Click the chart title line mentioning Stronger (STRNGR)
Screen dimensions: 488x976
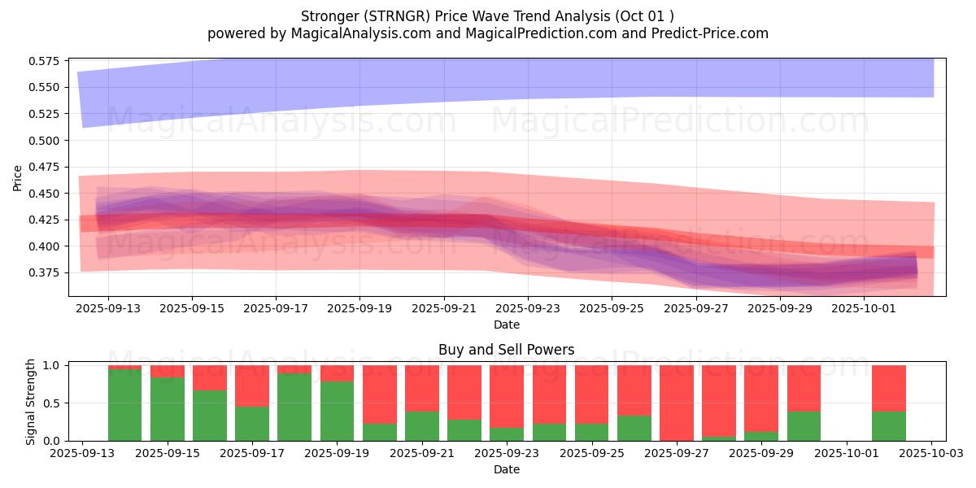pyautogui.click(x=487, y=16)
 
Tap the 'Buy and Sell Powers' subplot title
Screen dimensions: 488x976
pyautogui.click(x=506, y=350)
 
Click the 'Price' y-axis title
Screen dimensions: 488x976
pyautogui.click(x=17, y=177)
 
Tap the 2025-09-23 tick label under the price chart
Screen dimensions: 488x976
pyautogui.click(x=528, y=308)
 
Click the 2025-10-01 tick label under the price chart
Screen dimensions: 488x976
pyautogui.click(x=863, y=308)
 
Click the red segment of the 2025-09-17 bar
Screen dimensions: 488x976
pyautogui.click(x=252, y=386)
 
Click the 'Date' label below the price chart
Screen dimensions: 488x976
pyautogui.click(x=506, y=325)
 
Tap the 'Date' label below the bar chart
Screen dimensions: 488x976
pyautogui.click(x=506, y=469)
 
